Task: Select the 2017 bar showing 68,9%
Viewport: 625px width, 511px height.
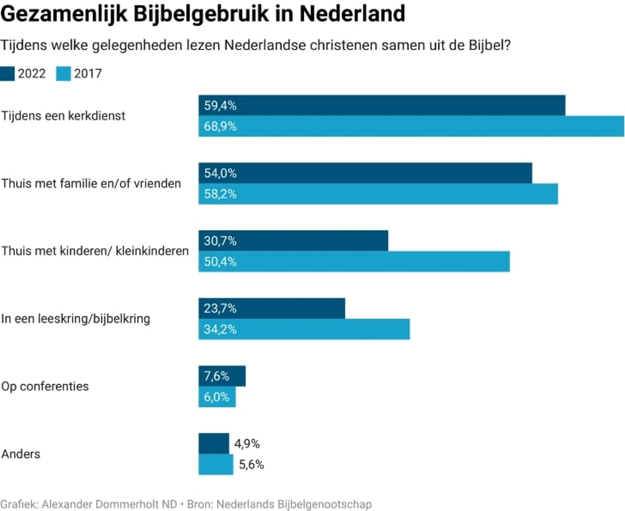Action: point(411,126)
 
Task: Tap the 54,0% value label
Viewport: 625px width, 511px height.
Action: point(220,173)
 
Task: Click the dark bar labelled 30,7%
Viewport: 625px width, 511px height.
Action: point(293,241)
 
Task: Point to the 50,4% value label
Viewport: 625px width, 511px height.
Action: point(220,262)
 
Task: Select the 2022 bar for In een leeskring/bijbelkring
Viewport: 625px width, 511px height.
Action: point(272,308)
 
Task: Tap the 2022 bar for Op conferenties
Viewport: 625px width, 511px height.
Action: point(222,376)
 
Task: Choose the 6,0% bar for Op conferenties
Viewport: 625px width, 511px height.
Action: point(217,397)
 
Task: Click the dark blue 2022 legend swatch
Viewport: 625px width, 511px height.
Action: point(7,74)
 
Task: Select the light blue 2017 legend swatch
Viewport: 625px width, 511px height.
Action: point(63,74)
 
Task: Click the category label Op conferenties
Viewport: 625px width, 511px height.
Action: point(45,386)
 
